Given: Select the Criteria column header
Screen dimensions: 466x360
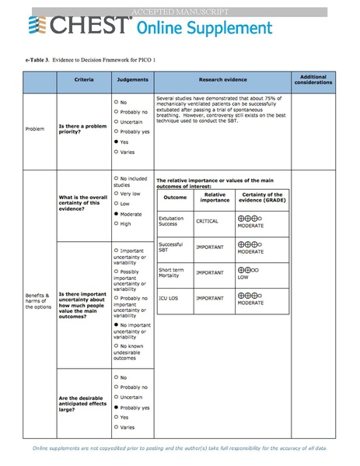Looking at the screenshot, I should click(84, 80).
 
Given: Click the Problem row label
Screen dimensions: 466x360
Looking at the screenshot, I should click(35, 128).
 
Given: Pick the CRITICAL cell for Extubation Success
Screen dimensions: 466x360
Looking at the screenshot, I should click(208, 221).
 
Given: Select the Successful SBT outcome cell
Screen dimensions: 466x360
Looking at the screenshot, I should click(173, 247).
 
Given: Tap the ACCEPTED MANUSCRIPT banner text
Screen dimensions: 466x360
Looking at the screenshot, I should click(180, 11).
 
